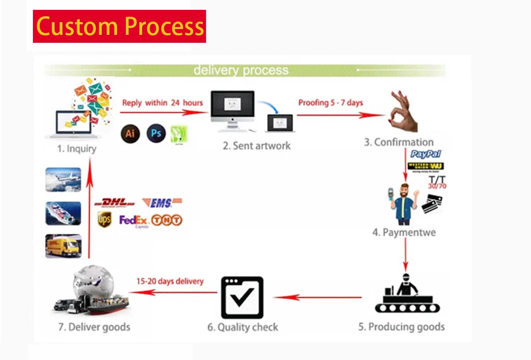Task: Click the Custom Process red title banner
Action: tap(119, 26)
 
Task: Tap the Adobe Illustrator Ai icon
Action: tap(130, 133)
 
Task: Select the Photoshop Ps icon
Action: tap(156, 133)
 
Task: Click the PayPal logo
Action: tap(426, 154)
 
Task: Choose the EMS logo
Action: tap(162, 202)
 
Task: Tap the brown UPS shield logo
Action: tap(104, 219)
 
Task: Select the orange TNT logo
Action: tap(167, 220)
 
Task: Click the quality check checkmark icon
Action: tap(242, 297)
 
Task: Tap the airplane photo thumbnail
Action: tap(63, 180)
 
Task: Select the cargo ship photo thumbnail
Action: tap(63, 212)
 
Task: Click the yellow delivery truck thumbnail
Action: tap(63, 245)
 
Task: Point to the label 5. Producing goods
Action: tap(401, 327)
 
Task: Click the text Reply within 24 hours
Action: tap(162, 102)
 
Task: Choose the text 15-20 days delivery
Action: tap(170, 281)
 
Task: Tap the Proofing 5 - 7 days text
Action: tap(330, 102)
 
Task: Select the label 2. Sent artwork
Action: tap(256, 146)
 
